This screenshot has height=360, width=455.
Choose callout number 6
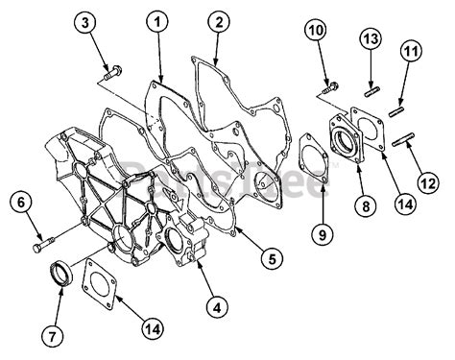tap(19, 203)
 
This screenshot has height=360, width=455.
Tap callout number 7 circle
tap(54, 336)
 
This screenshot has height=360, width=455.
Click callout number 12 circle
tap(428, 179)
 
